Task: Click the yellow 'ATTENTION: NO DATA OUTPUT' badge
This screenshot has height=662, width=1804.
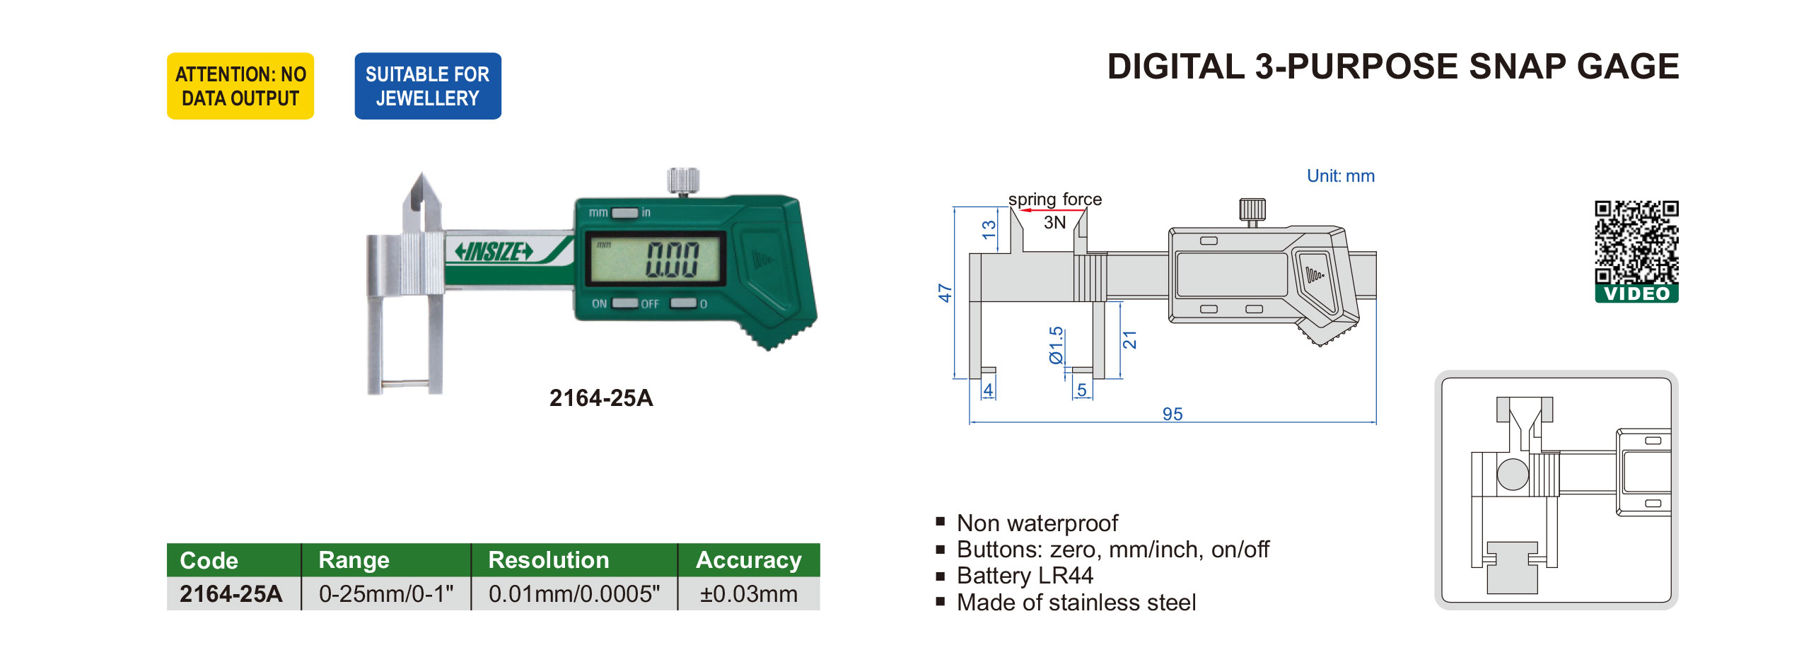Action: [x=240, y=86]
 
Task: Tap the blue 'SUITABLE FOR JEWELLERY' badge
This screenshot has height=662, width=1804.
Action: [x=428, y=86]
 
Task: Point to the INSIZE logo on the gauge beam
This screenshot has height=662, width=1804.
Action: [x=494, y=251]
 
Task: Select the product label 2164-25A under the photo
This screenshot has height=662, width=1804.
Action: [x=601, y=398]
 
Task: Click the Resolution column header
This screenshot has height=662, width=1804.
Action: [x=549, y=560]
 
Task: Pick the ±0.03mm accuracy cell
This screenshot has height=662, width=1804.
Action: [x=749, y=594]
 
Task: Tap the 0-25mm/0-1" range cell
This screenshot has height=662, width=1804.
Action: [x=386, y=594]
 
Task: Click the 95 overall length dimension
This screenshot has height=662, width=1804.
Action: [x=1172, y=414]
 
